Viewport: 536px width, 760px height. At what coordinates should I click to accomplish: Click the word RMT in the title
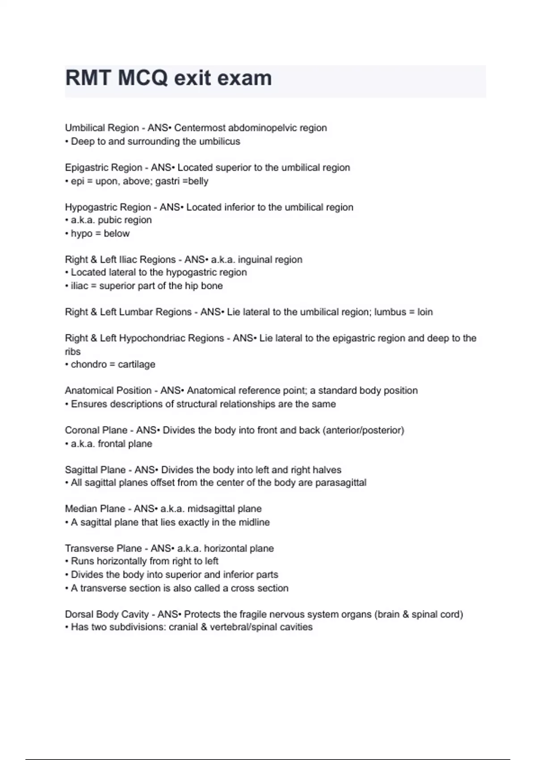pos(88,78)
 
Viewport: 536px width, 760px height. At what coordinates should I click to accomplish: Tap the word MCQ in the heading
pos(143,78)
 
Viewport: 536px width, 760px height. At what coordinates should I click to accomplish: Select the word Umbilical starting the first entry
pos(83,128)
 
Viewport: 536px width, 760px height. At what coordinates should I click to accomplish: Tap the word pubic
pos(109,220)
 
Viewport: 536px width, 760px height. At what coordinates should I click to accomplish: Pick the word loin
pos(425,312)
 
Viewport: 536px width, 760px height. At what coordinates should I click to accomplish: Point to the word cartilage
pos(137,364)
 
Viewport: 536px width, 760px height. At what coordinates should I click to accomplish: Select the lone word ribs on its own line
pos(72,351)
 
